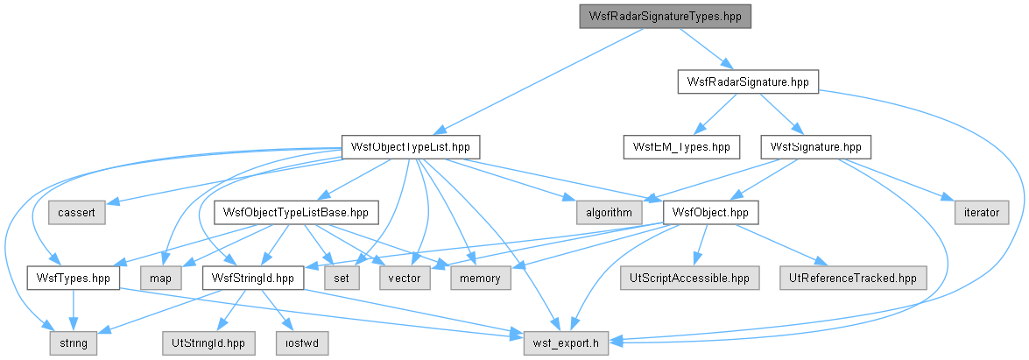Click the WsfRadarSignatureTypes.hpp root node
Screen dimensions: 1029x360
point(665,17)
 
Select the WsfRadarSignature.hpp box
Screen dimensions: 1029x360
point(748,81)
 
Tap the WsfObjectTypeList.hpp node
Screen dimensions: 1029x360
point(411,146)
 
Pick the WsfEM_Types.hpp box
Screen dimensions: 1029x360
point(681,146)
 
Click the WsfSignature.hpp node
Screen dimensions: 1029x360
point(815,146)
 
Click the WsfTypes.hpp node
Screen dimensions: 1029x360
point(73,278)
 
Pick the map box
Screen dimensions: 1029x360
point(160,278)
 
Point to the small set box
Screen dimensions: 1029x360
point(342,278)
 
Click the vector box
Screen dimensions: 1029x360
point(405,278)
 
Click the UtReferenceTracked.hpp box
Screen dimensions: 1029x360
point(853,278)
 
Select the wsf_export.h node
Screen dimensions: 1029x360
point(566,343)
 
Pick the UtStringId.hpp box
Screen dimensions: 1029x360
point(208,343)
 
